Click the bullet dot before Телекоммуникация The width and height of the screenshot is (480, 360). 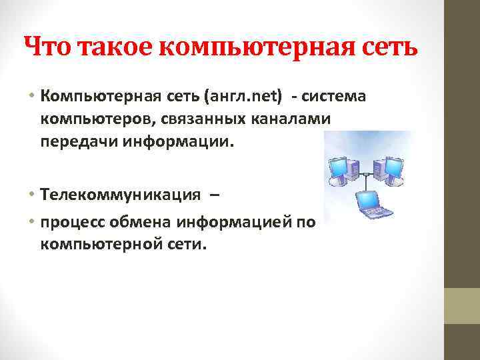tap(32, 195)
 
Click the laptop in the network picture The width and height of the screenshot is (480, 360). tap(370, 203)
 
